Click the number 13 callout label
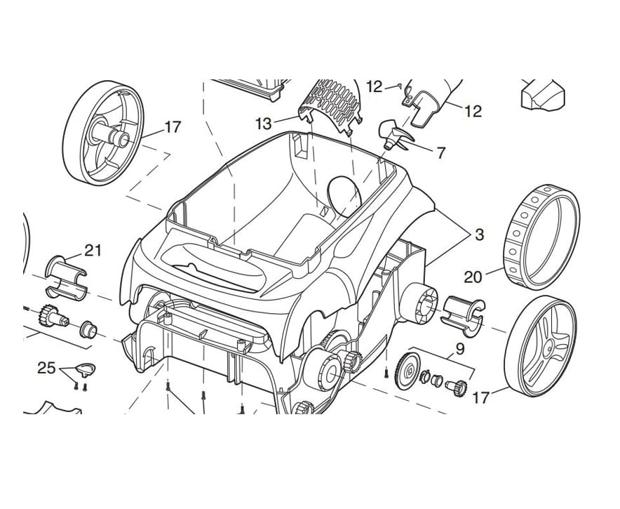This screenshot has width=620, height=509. point(263,124)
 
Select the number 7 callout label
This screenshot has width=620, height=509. point(440,153)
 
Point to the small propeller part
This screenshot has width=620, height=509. point(393,134)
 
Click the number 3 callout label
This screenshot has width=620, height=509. point(479,235)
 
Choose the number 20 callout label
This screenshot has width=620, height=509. point(473,277)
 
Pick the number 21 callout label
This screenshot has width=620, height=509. point(93,250)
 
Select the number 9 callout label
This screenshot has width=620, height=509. point(460,348)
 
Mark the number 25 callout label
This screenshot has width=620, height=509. point(46,368)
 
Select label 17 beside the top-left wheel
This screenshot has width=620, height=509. point(172,127)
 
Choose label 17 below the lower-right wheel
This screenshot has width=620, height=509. point(480,398)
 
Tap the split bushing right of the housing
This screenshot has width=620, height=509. point(463,312)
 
